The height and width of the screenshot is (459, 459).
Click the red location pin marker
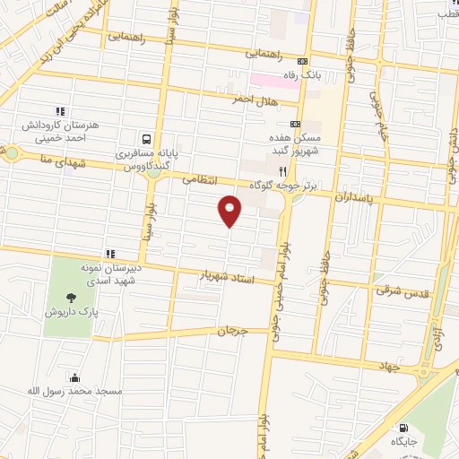point(230,210)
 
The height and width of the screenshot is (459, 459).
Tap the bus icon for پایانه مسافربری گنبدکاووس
point(145,139)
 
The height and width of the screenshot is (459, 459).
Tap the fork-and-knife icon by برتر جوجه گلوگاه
point(281,171)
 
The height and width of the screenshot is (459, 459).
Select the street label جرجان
point(231,331)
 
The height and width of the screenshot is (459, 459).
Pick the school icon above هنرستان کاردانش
point(59,111)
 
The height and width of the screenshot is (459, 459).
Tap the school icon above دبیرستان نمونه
point(110,254)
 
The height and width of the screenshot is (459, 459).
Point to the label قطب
point(446,13)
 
